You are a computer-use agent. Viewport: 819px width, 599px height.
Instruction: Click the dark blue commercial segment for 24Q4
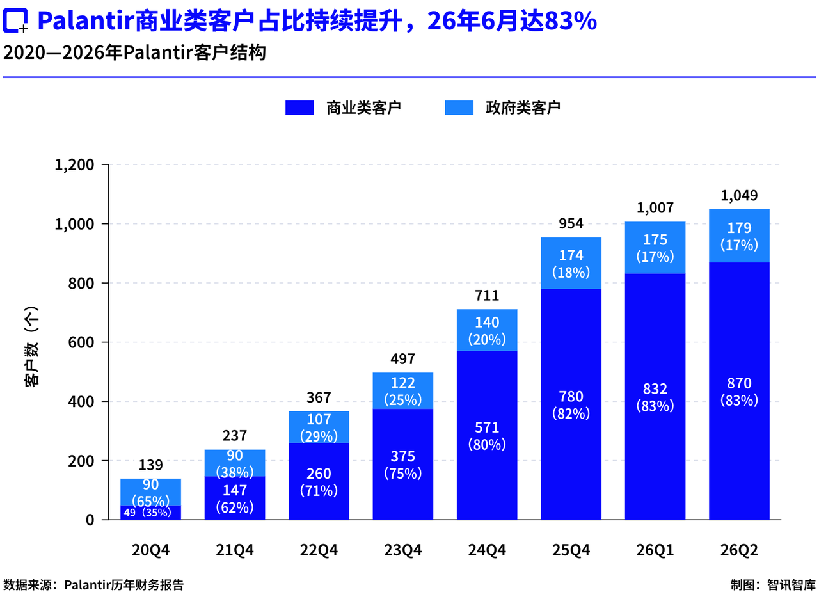tap(487, 435)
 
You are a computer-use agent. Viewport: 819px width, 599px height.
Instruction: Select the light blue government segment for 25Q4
tap(571, 263)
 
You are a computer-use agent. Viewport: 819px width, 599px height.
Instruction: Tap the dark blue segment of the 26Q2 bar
tap(739, 391)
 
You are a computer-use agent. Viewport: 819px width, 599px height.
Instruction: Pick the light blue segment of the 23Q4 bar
tap(403, 390)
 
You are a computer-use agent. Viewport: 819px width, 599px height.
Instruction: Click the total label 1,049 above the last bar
tap(739, 196)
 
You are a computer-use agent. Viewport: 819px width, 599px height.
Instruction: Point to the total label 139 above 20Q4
tap(150, 465)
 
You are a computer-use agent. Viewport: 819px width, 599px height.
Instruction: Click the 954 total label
tap(571, 223)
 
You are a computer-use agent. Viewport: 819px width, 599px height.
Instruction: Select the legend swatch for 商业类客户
tap(299, 108)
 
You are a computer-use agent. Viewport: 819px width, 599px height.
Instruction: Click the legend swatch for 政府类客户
tap(459, 108)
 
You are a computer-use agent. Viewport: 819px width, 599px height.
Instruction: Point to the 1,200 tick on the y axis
tap(75, 165)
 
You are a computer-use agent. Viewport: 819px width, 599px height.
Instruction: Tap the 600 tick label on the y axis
tap(81, 342)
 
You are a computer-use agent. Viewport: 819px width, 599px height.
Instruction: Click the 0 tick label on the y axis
tap(90, 520)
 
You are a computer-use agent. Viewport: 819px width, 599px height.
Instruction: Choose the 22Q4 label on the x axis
tap(319, 550)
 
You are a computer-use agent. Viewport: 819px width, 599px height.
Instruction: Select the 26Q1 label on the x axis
tap(655, 550)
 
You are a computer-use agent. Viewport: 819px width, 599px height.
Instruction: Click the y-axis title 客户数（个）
tap(31, 346)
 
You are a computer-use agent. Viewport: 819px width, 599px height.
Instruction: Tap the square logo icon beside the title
tap(15, 20)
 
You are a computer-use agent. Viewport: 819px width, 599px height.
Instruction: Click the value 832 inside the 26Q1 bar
tap(655, 388)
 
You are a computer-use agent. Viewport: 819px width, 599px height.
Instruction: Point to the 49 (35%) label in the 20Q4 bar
tap(147, 513)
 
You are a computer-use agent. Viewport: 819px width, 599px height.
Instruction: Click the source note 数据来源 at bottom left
tap(93, 585)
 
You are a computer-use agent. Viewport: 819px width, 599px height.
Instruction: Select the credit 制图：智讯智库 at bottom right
tap(774, 585)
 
